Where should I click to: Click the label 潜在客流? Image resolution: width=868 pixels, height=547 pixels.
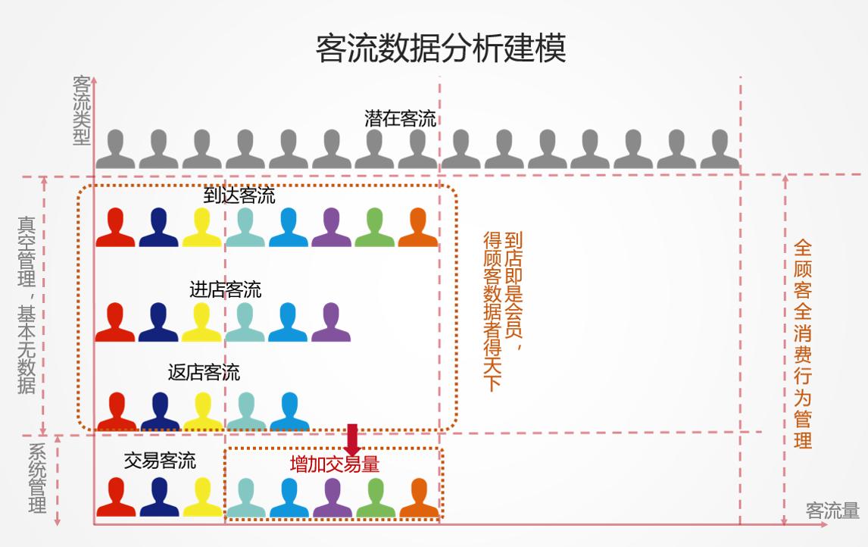(400, 118)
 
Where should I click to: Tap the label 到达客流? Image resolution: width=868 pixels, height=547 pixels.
(239, 195)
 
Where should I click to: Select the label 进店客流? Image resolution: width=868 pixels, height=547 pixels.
(225, 289)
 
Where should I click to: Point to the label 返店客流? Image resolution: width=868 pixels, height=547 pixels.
(204, 373)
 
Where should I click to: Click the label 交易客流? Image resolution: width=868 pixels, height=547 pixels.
(160, 461)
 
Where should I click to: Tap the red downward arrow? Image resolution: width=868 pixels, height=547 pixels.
(352, 440)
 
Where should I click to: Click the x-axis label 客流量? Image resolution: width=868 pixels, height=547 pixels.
(832, 511)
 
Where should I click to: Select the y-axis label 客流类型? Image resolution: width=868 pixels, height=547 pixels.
(81, 110)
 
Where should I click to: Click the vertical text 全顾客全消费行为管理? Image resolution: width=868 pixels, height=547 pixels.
(803, 344)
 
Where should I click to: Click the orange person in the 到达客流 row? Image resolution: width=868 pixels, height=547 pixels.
(418, 227)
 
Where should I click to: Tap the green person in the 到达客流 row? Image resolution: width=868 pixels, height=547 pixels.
(375, 227)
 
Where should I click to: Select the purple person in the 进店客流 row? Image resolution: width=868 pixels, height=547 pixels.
(331, 323)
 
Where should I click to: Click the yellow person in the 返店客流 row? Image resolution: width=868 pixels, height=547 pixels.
(203, 411)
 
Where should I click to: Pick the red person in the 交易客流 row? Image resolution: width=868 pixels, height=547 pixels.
(116, 497)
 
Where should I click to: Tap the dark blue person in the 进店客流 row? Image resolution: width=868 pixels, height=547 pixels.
(158, 323)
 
